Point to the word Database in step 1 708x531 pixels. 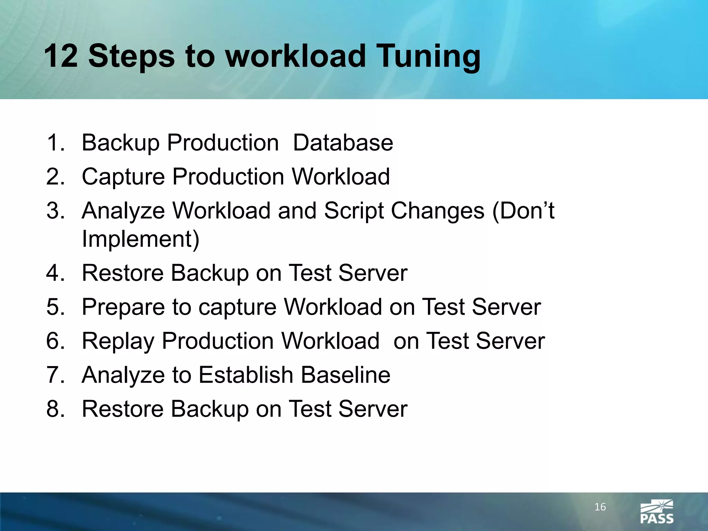[x=343, y=143]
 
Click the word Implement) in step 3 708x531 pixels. [x=140, y=239]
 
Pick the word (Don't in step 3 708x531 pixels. [x=523, y=211]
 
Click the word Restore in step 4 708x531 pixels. [x=123, y=273]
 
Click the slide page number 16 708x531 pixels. [x=600, y=507]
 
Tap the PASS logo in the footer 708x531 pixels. [x=657, y=512]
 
